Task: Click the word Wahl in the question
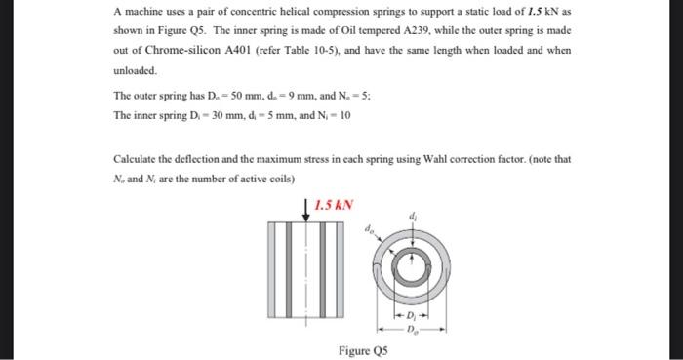435,158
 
